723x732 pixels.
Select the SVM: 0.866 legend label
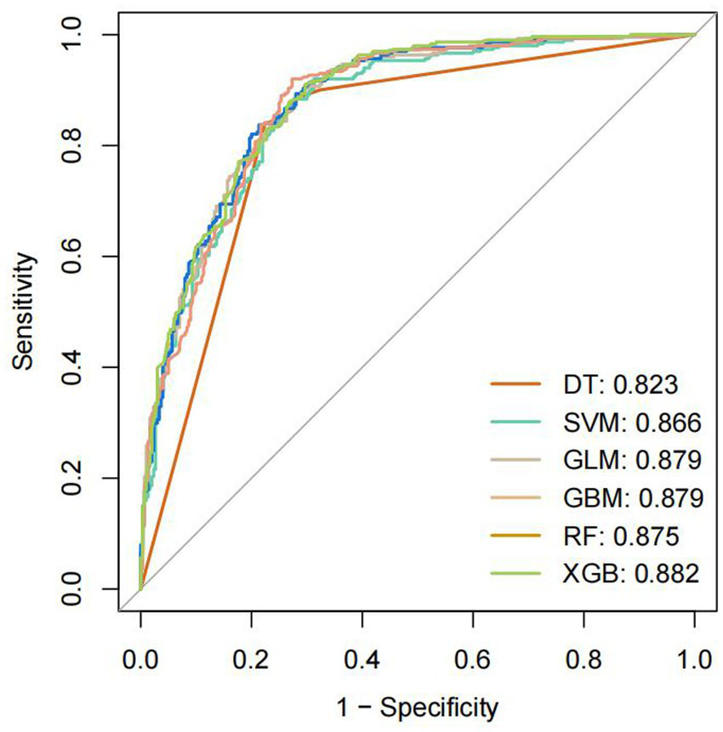631,423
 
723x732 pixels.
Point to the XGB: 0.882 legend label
631,574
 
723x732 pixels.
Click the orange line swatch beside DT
516,385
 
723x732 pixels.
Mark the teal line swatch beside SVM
516,423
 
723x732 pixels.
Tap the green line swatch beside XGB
516,574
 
